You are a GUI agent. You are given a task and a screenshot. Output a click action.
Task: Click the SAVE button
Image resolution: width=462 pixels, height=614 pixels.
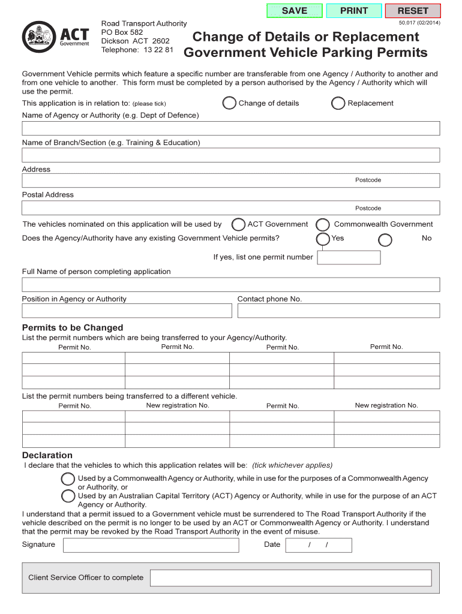[x=294, y=11]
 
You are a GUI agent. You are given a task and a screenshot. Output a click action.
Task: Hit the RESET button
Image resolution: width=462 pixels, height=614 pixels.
[x=413, y=11]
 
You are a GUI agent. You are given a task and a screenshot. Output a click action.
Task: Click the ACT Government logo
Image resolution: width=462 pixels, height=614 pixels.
[x=56, y=38]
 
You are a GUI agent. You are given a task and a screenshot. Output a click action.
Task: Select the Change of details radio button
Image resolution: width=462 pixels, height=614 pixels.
[x=229, y=103]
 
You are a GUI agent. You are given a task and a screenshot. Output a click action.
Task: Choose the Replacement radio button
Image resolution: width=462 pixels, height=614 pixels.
[x=338, y=103]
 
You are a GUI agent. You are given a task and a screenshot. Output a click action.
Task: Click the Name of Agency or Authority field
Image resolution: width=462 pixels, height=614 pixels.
[x=231, y=128]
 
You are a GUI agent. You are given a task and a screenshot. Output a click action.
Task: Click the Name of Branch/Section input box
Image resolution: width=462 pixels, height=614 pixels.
[x=231, y=155]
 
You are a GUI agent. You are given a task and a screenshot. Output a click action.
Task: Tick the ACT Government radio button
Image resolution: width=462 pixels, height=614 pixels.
[x=238, y=225]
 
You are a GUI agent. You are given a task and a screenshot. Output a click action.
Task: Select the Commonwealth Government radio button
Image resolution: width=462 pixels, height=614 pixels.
[x=323, y=225]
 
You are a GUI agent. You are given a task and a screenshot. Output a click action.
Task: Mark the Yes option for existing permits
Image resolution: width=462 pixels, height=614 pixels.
[x=323, y=239]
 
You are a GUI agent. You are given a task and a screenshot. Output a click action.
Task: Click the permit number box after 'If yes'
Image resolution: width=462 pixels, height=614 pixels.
[x=349, y=257]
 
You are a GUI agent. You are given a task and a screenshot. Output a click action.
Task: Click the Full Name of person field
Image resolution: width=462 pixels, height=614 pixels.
[x=231, y=284]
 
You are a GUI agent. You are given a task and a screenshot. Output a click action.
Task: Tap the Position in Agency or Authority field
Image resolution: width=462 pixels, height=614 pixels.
[x=127, y=311]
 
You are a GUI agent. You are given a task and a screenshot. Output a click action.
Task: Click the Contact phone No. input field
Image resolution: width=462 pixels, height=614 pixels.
[x=338, y=311]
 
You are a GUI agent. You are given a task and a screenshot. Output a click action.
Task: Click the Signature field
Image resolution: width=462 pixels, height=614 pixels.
[x=151, y=545]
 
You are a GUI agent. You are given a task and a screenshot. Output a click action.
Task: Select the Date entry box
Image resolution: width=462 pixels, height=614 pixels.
[x=319, y=545]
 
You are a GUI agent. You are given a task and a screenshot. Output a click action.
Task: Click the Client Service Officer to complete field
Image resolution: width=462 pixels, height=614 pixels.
[x=290, y=578]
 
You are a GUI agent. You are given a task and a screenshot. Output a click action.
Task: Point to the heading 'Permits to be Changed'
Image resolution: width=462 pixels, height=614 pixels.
[x=73, y=327]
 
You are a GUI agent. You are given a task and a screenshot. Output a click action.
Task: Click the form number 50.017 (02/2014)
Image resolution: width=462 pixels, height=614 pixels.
[x=419, y=23]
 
